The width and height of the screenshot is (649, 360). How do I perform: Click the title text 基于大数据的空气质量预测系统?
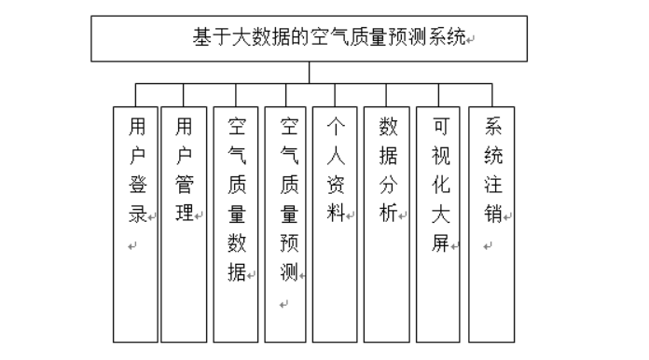pos(329,36)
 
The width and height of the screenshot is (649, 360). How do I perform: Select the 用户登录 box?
pos(135,225)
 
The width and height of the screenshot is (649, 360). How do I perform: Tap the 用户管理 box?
pos(184,225)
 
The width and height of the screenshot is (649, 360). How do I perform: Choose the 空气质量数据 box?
pos(236,225)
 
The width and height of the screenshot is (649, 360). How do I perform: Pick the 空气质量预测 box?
pos(285,225)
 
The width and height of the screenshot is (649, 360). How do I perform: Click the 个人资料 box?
pos(335,225)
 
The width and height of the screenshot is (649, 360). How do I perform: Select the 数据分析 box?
pos(387,225)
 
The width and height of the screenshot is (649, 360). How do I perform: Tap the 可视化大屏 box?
pos(438,225)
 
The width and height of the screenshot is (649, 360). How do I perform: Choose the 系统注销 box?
pos(491,225)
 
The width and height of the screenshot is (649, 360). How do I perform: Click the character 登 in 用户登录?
pos(137,185)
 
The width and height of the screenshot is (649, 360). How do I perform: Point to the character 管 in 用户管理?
pos(185,185)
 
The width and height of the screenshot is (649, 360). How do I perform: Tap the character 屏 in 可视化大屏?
pos(440,243)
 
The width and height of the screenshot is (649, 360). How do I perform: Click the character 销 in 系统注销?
pos(493,214)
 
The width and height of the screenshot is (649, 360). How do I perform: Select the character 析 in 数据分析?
pos(388,214)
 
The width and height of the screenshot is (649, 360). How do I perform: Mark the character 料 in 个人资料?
pos(336,214)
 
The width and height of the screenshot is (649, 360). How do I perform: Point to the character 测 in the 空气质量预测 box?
pos(289,272)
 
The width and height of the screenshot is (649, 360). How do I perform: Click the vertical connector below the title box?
pos(310,73)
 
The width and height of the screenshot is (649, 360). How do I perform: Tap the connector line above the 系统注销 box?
pos(492,95)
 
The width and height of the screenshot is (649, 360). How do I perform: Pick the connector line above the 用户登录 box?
pos(135,95)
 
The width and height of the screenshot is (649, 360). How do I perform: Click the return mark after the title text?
pos(470,40)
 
